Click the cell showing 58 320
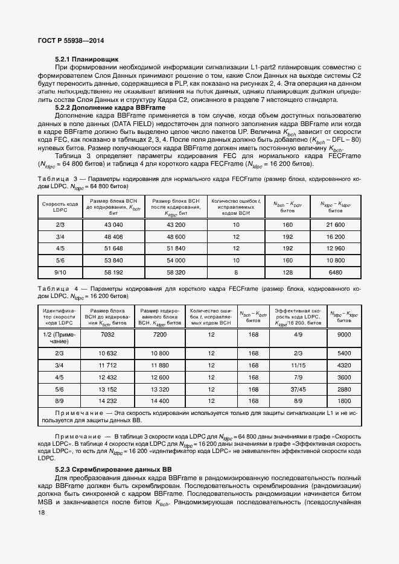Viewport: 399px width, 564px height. click(175, 272)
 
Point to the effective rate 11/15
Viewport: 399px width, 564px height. click(298, 366)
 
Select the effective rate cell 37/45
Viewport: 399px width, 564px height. click(298, 389)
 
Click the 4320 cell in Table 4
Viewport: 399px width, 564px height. click(343, 366)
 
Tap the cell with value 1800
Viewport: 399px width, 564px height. click(343, 401)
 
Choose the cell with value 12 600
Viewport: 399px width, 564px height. click(159, 377)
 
